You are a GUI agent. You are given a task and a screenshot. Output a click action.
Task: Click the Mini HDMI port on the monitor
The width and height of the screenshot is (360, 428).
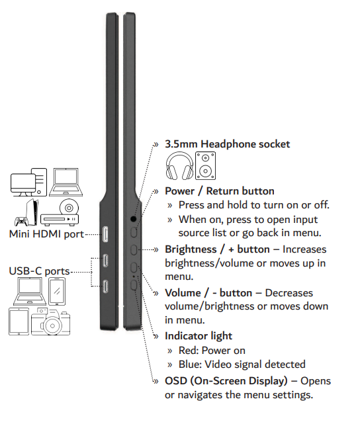tap(105, 234)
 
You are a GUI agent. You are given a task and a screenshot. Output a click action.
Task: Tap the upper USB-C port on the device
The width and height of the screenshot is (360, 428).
tap(105, 261)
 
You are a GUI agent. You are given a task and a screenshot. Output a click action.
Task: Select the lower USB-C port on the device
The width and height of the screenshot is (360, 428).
tap(105, 286)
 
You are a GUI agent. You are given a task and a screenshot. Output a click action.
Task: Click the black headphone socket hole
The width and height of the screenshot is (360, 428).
tap(133, 219)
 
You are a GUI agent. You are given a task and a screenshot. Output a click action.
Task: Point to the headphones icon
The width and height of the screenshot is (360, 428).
tap(179, 166)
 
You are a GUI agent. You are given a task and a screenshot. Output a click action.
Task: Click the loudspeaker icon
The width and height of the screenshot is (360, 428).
tap(205, 166)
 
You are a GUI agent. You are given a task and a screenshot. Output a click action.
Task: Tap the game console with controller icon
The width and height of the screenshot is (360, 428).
tap(26, 212)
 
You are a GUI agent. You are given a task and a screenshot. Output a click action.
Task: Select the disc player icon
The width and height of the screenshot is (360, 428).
tap(60, 212)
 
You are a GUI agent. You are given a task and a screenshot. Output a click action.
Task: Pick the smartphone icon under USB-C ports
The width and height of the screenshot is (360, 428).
tap(57, 291)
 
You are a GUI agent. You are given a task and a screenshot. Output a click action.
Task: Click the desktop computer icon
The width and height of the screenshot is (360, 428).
tap(28, 182)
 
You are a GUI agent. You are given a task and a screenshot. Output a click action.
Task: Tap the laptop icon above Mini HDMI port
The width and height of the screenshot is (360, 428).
tap(66, 182)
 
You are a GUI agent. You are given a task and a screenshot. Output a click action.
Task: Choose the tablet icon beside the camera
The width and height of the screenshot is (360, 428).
tap(19, 321)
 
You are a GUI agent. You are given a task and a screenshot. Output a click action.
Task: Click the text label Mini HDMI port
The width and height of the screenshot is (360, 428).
tap(46, 234)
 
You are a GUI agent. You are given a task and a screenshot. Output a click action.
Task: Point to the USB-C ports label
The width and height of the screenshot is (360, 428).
tap(39, 271)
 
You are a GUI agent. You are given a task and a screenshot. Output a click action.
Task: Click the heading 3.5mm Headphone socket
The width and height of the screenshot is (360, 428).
tap(227, 144)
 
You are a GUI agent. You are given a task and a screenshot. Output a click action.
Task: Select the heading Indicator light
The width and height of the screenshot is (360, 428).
tap(199, 336)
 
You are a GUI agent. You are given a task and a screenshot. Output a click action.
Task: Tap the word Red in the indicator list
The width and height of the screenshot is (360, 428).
tap(188, 351)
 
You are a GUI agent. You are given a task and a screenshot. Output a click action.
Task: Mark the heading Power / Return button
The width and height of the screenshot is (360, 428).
tap(220, 191)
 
